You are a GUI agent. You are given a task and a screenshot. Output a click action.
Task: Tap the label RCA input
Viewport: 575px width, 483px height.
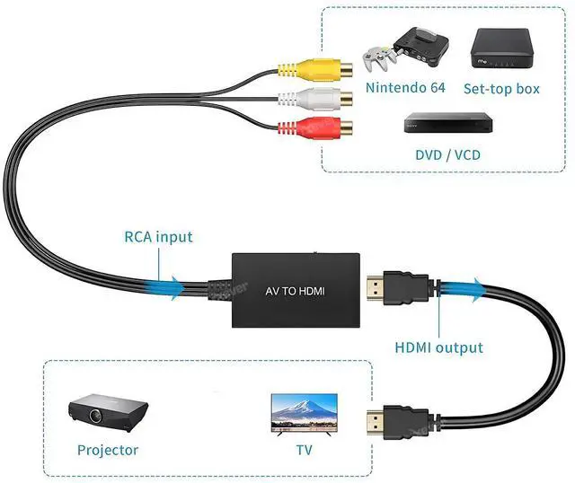tap(158, 238)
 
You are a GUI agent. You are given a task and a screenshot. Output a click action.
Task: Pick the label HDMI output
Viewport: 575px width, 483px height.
tap(439, 347)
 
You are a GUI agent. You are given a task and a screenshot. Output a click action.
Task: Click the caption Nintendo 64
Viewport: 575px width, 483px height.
tap(405, 88)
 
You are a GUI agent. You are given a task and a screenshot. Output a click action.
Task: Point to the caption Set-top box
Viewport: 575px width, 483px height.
tap(501, 89)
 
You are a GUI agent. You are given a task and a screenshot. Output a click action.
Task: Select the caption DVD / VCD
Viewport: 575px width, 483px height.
tap(447, 154)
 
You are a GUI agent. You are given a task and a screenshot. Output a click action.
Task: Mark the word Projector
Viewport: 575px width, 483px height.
tap(108, 450)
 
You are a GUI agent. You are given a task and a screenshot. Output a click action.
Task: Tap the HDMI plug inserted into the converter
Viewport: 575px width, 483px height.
tap(395, 288)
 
